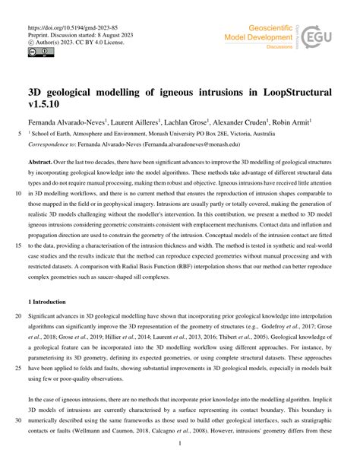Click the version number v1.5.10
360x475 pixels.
coord(38,105)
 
